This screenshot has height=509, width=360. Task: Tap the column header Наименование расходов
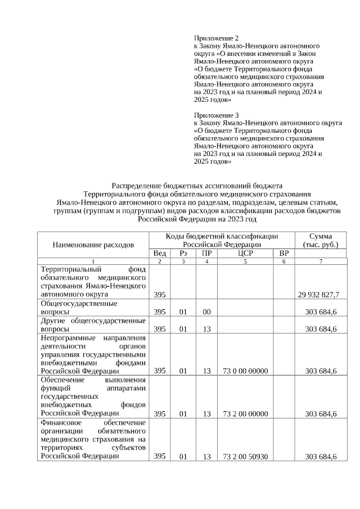(x=93, y=245)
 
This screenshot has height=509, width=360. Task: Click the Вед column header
(x=160, y=254)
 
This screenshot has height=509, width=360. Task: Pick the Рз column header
(x=183, y=254)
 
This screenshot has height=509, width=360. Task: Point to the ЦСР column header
(x=245, y=254)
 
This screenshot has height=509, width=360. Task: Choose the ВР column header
(x=284, y=254)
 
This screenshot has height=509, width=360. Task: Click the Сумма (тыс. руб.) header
(x=321, y=240)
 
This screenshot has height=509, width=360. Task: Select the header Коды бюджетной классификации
(x=222, y=236)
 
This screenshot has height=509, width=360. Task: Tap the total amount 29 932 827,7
(x=318, y=294)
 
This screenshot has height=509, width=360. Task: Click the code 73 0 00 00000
(x=245, y=371)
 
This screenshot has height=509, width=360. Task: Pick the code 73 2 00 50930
(x=245, y=457)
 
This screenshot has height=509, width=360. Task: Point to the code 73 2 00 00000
(x=245, y=414)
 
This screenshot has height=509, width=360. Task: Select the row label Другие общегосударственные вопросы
(x=93, y=325)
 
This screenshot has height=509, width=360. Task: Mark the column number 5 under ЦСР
(x=245, y=262)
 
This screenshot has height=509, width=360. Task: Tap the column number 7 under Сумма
(x=321, y=262)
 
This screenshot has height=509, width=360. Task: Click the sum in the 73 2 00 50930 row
(x=321, y=457)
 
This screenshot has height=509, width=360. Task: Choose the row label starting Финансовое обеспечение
(x=93, y=439)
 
